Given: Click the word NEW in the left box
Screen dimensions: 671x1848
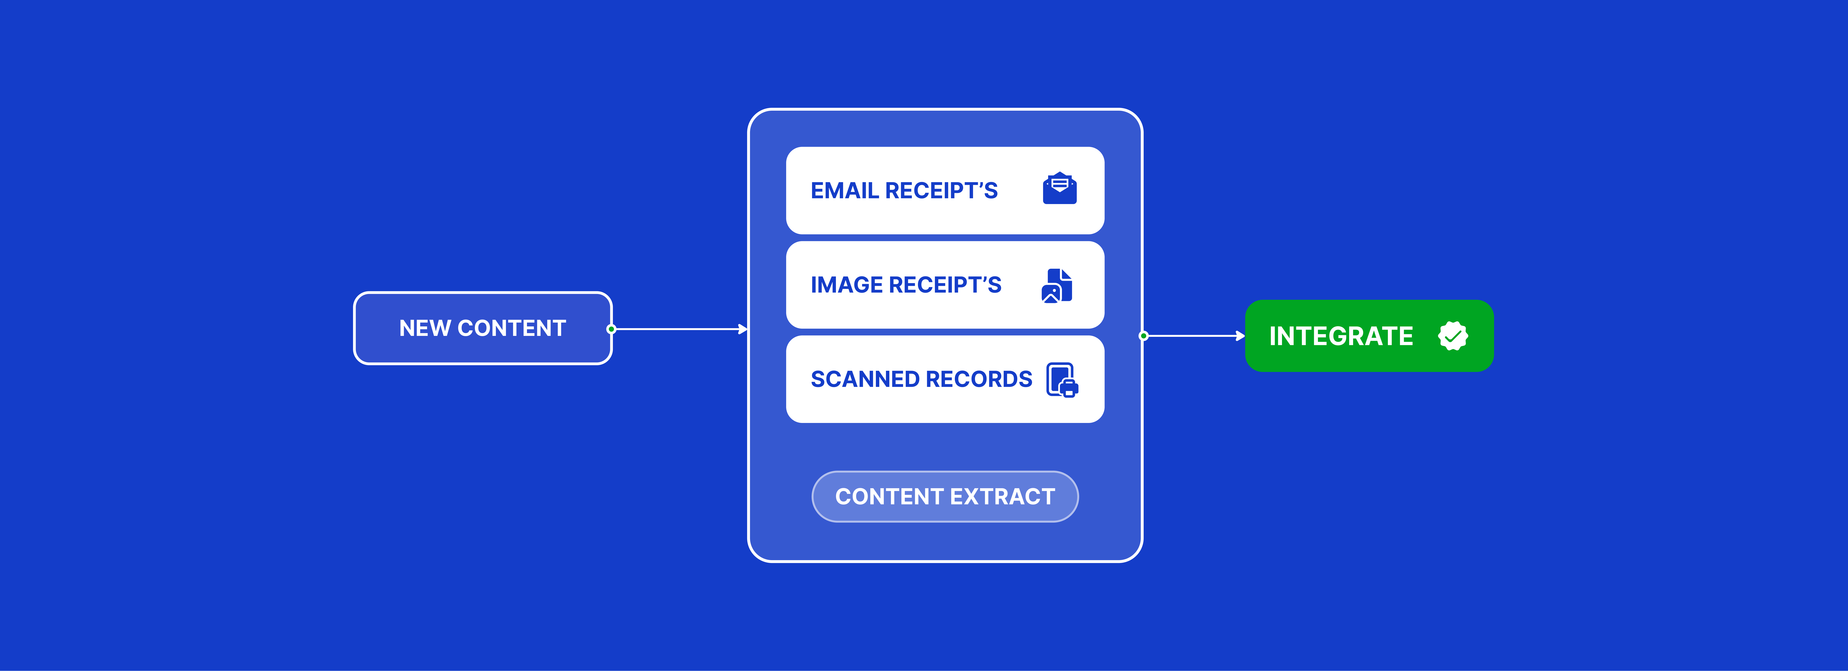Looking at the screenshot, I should pyautogui.click(x=425, y=328).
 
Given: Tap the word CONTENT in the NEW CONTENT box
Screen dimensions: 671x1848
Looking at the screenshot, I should pyautogui.click(x=512, y=328).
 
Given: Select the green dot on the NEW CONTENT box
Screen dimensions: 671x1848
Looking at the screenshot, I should pyautogui.click(x=611, y=329).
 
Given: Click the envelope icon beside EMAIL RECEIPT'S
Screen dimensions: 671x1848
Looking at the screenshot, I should pyautogui.click(x=1059, y=189).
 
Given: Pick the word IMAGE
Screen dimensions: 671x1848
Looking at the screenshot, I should pyautogui.click(x=847, y=285).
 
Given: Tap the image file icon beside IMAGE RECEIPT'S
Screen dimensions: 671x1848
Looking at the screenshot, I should pyautogui.click(x=1057, y=286).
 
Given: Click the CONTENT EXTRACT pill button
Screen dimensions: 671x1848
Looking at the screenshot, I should pyautogui.click(x=945, y=497).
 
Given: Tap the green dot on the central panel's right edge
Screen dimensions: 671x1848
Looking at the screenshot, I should pyautogui.click(x=1143, y=336).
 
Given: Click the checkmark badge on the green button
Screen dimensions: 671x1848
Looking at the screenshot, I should pyautogui.click(x=1453, y=336).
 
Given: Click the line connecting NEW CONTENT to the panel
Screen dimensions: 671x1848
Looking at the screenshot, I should pyautogui.click(x=678, y=329).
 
